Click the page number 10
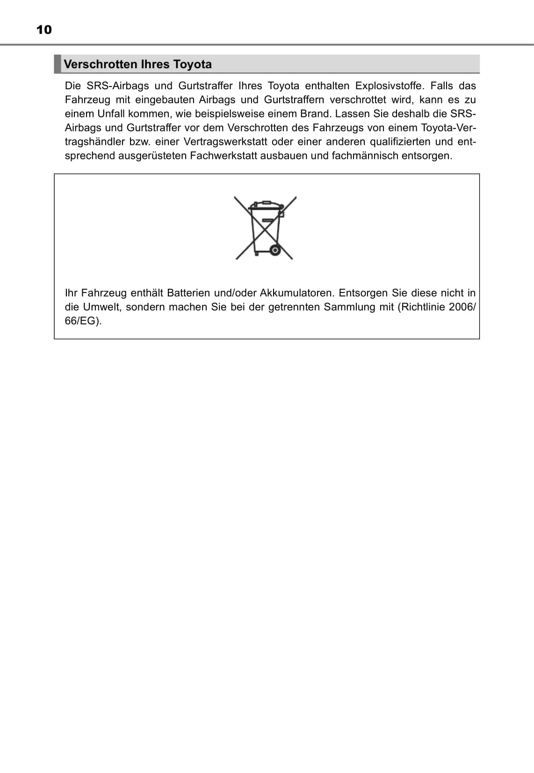[44, 30]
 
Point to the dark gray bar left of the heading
[58, 64]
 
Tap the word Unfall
[111, 114]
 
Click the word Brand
[315, 114]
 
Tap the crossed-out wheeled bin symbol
[266, 228]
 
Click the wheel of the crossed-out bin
[275, 251]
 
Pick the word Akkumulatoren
[297, 293]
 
